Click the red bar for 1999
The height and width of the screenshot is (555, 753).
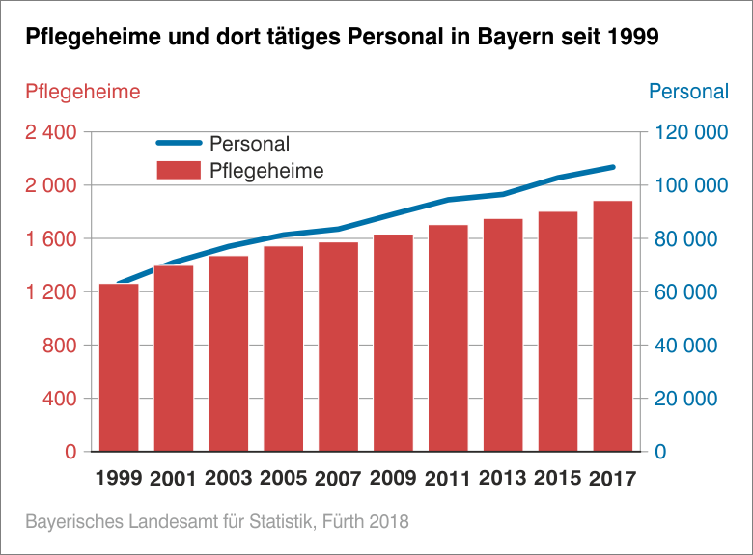pos(119,367)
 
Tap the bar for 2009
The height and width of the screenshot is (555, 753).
pos(393,343)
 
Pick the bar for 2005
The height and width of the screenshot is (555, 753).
pos(283,348)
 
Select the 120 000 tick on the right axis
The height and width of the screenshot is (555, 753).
pos(691,132)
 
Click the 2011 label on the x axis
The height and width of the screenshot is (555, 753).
pos(448,478)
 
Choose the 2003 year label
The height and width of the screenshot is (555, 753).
pos(228,478)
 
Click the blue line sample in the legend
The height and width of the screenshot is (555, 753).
pos(180,144)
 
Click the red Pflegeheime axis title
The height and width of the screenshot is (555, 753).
pos(82,92)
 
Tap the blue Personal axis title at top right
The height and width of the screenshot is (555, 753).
pos(688,92)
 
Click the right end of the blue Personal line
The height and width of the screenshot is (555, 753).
pos(613,167)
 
